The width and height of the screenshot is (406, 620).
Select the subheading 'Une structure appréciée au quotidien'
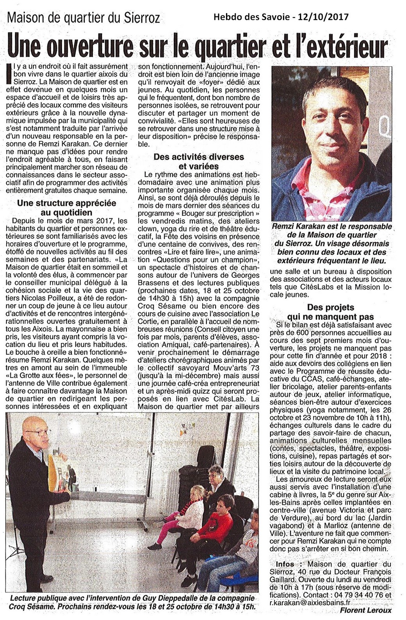tap(67, 208)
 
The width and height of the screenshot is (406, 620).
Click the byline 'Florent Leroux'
tap(365, 610)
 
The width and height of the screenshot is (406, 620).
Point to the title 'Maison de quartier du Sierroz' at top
tap(84, 18)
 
